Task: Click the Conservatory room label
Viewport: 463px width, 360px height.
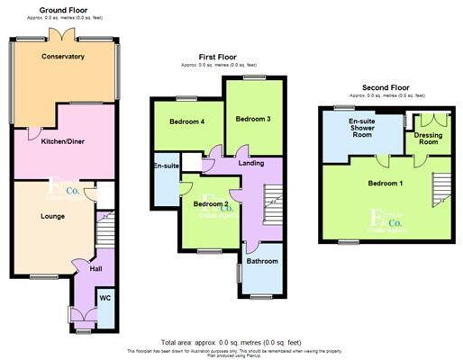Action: point(63,57)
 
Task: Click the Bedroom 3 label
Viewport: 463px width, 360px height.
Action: point(253,119)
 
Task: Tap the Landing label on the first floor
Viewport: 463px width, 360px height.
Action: point(250,163)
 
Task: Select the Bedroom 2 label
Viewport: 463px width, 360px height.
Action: point(209,204)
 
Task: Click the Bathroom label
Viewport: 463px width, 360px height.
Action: point(263,262)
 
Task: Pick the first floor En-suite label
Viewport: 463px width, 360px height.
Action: point(166,166)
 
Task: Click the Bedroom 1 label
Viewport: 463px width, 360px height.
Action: point(386,184)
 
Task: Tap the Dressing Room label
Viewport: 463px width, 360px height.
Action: point(428,138)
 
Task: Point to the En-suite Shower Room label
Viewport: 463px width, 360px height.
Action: point(362,128)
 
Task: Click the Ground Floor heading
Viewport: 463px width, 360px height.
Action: point(62,9)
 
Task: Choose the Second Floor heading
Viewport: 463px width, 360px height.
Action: point(386,87)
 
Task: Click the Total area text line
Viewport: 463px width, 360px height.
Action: point(231,343)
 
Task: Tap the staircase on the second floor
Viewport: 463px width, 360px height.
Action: point(440,189)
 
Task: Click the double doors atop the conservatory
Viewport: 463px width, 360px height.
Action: point(63,34)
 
